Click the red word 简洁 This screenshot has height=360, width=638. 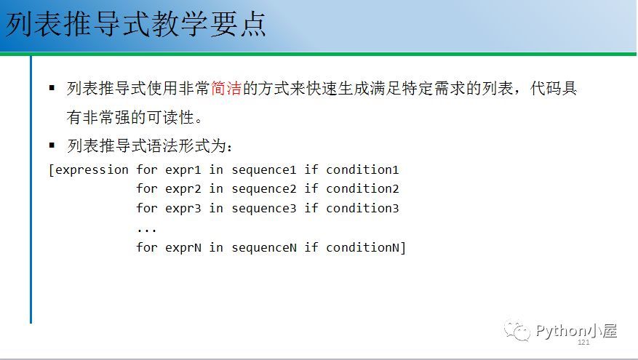click(x=226, y=88)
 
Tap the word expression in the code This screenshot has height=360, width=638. click(x=92, y=170)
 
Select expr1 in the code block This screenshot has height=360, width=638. click(x=183, y=170)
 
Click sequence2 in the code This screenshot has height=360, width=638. click(x=264, y=189)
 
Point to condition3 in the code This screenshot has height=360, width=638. click(x=362, y=208)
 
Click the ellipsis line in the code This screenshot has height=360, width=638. click(x=146, y=231)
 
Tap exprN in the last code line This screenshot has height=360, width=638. click(x=183, y=247)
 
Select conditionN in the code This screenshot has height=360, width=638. click(x=363, y=247)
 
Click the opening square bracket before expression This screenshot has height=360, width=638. click(x=51, y=170)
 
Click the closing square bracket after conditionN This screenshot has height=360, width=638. click(x=403, y=248)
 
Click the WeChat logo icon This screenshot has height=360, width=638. click(x=517, y=331)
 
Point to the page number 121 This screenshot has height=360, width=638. click(x=583, y=342)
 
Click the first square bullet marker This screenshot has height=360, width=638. click(x=52, y=87)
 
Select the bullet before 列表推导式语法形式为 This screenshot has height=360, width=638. click(x=52, y=145)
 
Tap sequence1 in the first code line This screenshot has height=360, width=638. click(x=264, y=170)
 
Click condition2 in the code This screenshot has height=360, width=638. click(x=362, y=189)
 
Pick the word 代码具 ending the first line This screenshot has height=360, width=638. click(x=554, y=88)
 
